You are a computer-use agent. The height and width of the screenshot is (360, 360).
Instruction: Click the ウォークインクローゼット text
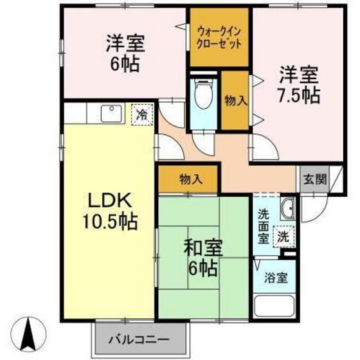point(219,37)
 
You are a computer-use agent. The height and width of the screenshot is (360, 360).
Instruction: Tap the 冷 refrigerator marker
point(140,116)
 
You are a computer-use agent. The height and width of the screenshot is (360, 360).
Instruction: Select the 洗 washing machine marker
point(283,236)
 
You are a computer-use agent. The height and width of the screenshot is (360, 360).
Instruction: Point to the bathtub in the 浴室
point(276,304)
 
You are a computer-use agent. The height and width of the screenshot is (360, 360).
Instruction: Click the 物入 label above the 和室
point(189,179)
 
